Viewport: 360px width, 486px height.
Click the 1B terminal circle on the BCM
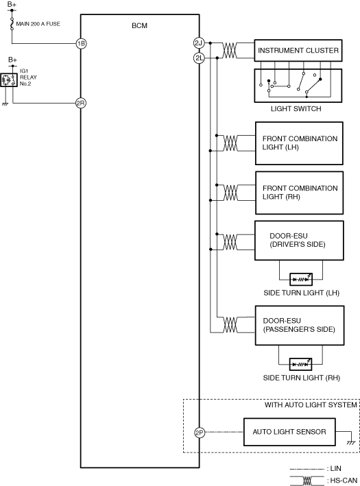pyautogui.click(x=81, y=43)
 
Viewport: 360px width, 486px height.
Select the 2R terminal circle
pyautogui.click(x=81, y=103)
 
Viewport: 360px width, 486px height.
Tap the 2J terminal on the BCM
pyautogui.click(x=198, y=43)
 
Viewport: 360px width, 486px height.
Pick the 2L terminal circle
pyautogui.click(x=199, y=58)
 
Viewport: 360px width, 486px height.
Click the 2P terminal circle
pyautogui.click(x=200, y=433)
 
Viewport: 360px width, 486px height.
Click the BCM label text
pyautogui.click(x=139, y=26)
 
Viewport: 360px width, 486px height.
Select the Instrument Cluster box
pyautogui.click(x=298, y=50)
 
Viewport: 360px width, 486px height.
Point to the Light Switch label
pyautogui.click(x=296, y=109)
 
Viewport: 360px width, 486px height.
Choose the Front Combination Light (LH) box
pyautogui.click(x=299, y=143)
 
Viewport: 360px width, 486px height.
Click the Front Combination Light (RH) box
pyautogui.click(x=299, y=193)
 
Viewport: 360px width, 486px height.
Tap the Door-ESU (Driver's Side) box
pyautogui.click(x=299, y=241)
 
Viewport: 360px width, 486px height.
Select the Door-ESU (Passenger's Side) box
pyautogui.click(x=300, y=326)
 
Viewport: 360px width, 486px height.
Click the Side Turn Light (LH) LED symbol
pyautogui.click(x=301, y=279)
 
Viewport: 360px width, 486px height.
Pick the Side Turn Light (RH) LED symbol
pyautogui.click(x=300, y=364)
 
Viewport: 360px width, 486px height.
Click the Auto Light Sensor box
pyautogui.click(x=289, y=432)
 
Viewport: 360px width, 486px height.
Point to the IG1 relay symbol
pyautogui.click(x=9, y=80)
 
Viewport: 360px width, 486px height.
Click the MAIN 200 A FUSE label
pyautogui.click(x=38, y=24)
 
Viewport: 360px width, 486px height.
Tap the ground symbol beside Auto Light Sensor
pyautogui.click(x=351, y=443)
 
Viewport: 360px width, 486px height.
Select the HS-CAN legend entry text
pyautogui.click(x=344, y=481)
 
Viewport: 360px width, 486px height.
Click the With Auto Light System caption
pyautogui.click(x=311, y=405)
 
